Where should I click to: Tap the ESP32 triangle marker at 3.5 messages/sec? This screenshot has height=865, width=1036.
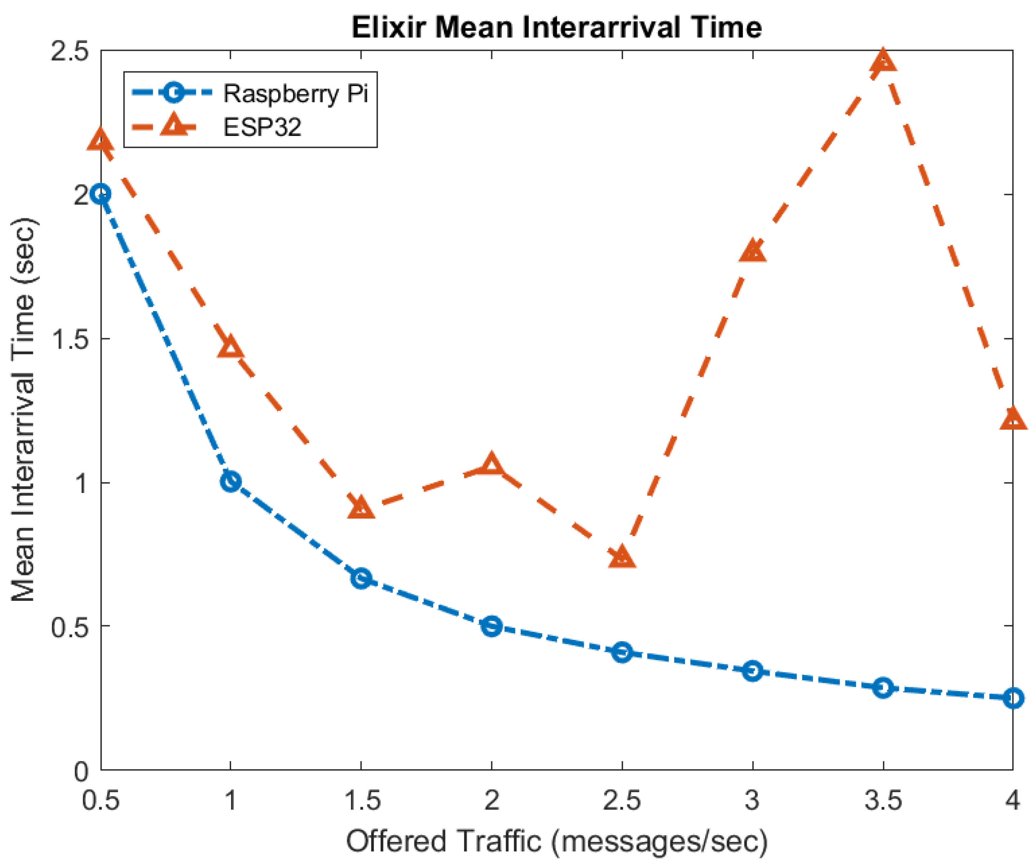(x=883, y=61)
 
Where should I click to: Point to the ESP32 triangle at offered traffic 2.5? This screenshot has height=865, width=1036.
(x=622, y=557)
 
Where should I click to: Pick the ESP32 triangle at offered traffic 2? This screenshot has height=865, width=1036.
(x=491, y=465)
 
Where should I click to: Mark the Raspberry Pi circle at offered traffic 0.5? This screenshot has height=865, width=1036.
(x=101, y=194)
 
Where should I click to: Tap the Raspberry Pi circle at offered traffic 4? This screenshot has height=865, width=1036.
(x=1013, y=698)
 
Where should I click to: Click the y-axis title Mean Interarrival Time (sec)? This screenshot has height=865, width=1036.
(x=23, y=410)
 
